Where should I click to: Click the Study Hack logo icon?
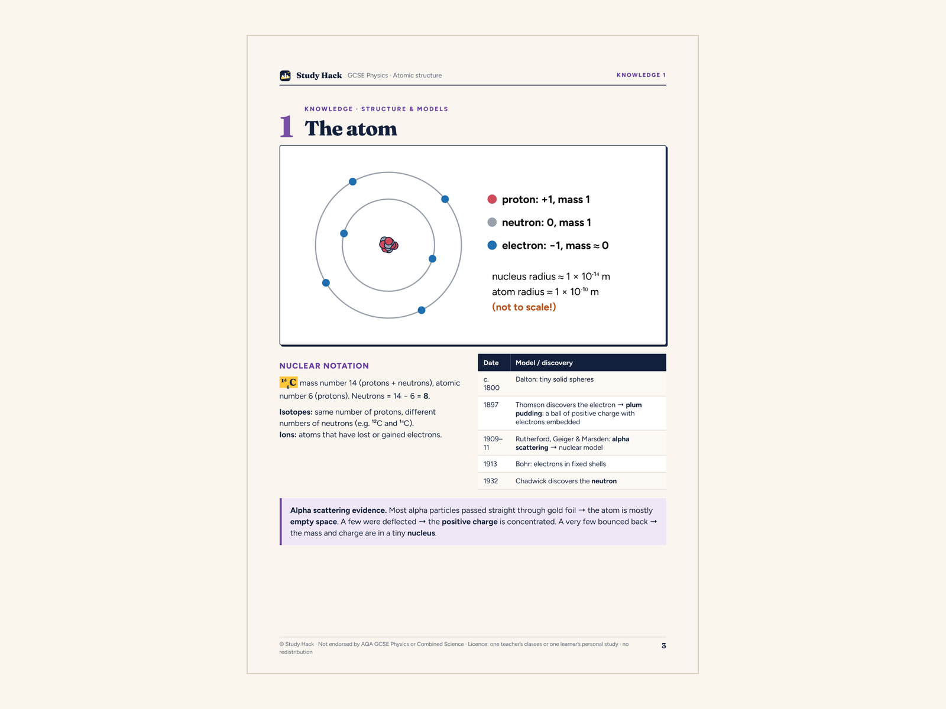click(285, 76)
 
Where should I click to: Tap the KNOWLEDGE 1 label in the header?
click(641, 75)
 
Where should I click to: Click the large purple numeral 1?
click(286, 126)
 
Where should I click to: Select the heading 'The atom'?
click(351, 128)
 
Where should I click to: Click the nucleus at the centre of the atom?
click(388, 245)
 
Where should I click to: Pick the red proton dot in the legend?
click(492, 199)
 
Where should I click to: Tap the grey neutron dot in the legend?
click(492, 222)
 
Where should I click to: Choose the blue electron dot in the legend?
click(492, 245)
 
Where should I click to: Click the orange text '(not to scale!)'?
click(524, 307)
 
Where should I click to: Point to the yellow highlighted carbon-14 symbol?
click(289, 382)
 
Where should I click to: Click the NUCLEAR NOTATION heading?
click(324, 366)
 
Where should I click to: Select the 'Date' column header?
click(491, 362)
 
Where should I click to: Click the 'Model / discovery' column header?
click(544, 362)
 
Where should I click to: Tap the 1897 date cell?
click(491, 405)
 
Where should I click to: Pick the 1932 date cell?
click(491, 481)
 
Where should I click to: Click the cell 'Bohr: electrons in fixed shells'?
click(561, 464)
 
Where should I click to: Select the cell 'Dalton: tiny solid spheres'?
click(554, 379)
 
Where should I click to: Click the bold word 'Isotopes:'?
click(296, 412)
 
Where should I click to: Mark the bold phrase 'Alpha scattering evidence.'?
click(338, 510)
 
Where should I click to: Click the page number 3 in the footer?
click(664, 645)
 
